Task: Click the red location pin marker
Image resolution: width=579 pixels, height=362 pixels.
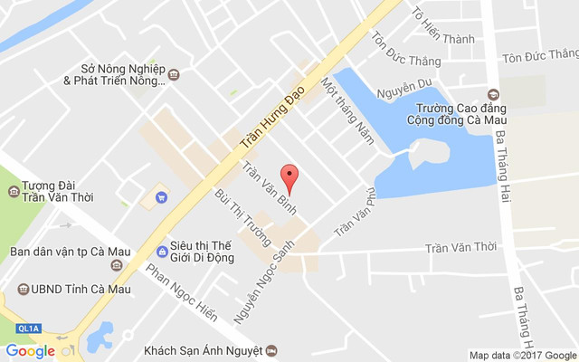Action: click(289, 176)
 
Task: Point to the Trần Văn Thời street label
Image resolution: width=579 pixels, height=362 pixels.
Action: click(461, 247)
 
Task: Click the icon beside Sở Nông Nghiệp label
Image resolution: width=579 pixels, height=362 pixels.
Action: click(175, 74)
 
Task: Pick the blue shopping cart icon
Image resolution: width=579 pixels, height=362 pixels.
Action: click(162, 195)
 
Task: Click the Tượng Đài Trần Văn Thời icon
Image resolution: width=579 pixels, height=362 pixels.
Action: click(14, 191)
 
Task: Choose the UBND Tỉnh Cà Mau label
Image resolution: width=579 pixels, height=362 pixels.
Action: click(78, 290)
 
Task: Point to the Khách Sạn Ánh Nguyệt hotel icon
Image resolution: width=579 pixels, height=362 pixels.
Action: click(271, 350)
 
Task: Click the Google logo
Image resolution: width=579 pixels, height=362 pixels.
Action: click(30, 350)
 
